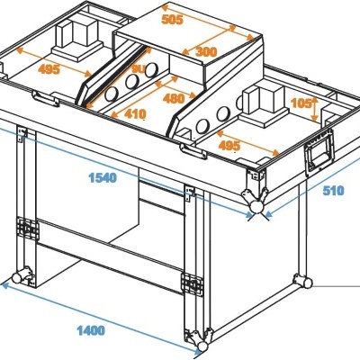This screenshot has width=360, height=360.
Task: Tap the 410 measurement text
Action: [135, 114]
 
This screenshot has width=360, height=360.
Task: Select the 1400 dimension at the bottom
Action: [90, 330]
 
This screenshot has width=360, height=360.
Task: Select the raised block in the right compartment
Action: [266, 101]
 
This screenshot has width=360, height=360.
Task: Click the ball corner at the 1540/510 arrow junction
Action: [258, 207]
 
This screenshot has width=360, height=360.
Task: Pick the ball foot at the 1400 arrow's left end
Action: [15, 275]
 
